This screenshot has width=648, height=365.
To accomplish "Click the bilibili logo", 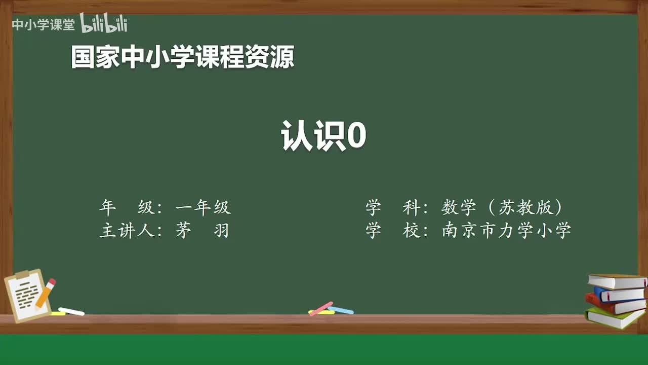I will (x=104, y=23).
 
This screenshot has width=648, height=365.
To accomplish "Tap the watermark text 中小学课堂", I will (x=43, y=24).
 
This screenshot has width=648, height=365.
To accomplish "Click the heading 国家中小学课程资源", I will (x=182, y=57).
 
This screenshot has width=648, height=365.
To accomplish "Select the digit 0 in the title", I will (x=356, y=135).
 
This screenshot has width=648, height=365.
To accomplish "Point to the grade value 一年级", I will (x=203, y=207).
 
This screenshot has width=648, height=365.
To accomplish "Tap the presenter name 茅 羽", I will (x=202, y=231).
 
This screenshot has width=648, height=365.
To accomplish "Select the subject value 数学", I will (x=459, y=207).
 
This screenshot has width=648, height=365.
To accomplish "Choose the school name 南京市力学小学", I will (x=506, y=231).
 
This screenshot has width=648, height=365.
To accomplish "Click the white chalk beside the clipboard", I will (x=71, y=311).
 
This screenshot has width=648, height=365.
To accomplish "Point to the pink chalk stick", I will (x=321, y=308).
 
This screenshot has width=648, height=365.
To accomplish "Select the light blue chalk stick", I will (x=341, y=310).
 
